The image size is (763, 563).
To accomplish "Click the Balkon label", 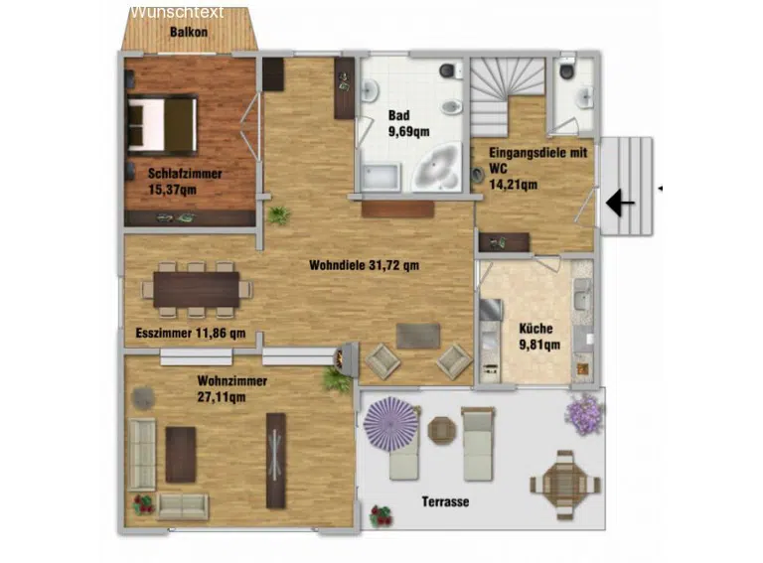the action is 189,32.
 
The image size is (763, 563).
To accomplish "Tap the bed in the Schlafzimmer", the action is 163,124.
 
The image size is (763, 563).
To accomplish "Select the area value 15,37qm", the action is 172,189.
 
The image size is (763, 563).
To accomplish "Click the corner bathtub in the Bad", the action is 436,167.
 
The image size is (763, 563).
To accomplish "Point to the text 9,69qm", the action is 408,132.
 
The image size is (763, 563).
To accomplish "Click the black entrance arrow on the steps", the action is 620,203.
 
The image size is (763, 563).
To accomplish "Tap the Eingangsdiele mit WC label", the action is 538,161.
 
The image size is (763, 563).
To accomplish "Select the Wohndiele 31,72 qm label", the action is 364,265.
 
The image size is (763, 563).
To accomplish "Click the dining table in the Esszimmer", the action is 197,289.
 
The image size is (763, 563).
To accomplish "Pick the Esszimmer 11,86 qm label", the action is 191,333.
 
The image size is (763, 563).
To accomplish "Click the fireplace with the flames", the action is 346,358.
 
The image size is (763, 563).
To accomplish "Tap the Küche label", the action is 535,329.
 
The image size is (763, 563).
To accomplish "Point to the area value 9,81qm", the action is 539,345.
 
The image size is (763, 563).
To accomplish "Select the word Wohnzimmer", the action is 232,380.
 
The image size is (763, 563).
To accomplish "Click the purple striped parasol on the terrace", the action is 391,423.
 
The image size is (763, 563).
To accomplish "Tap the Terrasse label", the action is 445,501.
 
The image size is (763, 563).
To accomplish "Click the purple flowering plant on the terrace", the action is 584,414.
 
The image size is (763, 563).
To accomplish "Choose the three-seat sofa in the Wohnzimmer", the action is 142,454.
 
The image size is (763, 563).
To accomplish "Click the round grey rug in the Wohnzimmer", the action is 143,398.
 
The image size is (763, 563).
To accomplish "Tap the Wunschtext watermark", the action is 177,12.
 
